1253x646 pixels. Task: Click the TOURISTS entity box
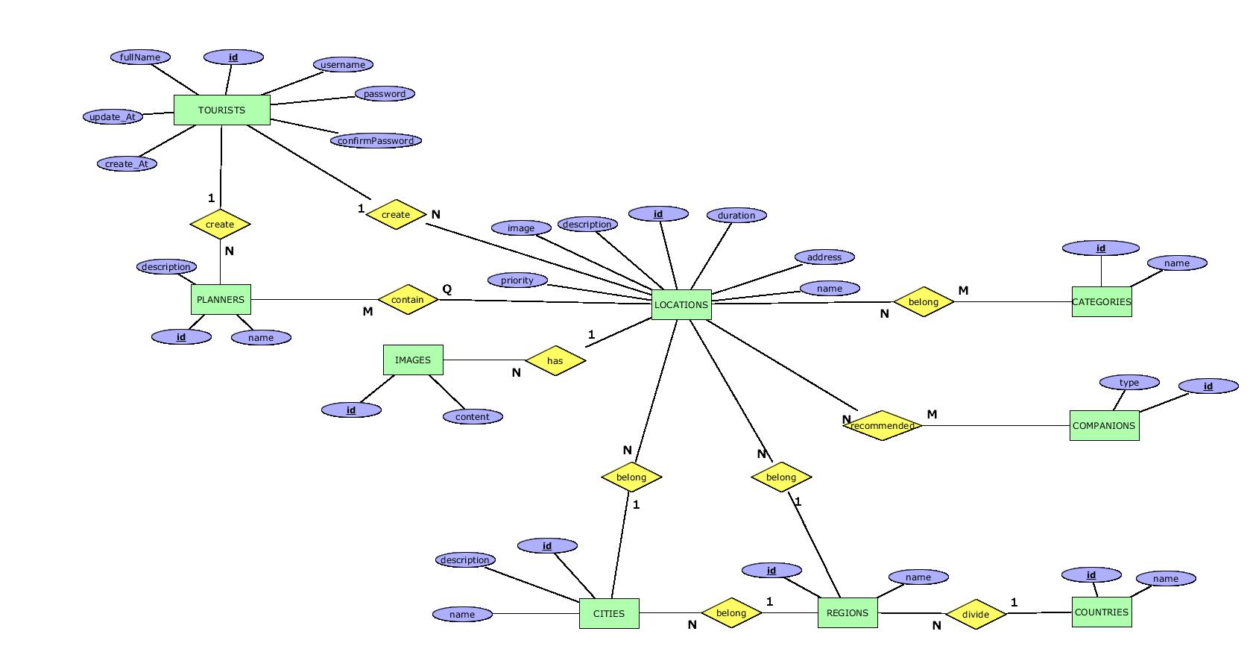[221, 110]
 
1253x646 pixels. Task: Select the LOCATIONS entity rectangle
[681, 304]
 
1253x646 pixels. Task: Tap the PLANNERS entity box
[221, 299]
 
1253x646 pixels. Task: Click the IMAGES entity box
[413, 360]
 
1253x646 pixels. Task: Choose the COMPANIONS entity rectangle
[1104, 425]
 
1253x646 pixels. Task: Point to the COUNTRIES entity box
[1102, 612]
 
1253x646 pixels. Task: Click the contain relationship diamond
[408, 299]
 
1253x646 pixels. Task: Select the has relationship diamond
[555, 360]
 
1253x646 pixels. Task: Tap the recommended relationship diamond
[883, 425]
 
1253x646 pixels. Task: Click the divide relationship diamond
[976, 614]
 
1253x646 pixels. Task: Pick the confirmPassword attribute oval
[376, 140]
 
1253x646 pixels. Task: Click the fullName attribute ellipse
[140, 57]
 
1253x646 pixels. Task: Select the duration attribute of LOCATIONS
[736, 215]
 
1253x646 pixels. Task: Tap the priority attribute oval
[517, 280]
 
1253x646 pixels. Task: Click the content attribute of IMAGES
[473, 416]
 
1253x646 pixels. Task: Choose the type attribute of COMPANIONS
[1129, 382]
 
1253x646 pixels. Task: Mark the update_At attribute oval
[113, 116]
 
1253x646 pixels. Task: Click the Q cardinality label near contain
[447, 289]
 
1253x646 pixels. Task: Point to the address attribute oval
[824, 257]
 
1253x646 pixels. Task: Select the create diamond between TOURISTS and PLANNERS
[220, 224]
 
